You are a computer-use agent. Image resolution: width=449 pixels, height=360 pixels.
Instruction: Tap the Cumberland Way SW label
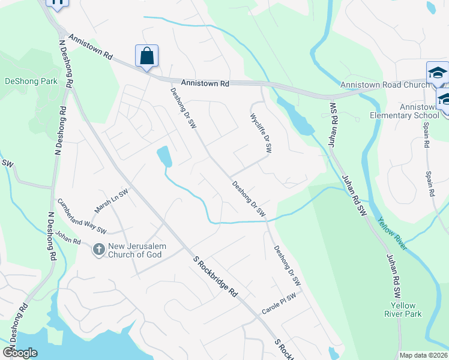tap(82, 217)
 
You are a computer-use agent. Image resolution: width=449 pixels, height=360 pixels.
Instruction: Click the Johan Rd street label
tap(67, 238)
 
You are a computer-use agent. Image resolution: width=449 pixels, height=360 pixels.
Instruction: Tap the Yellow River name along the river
tap(392, 233)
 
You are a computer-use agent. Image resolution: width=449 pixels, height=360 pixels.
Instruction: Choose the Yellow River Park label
tap(403, 310)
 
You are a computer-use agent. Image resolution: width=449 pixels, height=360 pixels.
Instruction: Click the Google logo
tap(20, 353)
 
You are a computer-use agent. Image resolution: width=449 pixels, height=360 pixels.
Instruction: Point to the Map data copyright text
tap(424, 355)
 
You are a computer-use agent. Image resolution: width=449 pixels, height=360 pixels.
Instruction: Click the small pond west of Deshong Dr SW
tap(164, 157)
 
